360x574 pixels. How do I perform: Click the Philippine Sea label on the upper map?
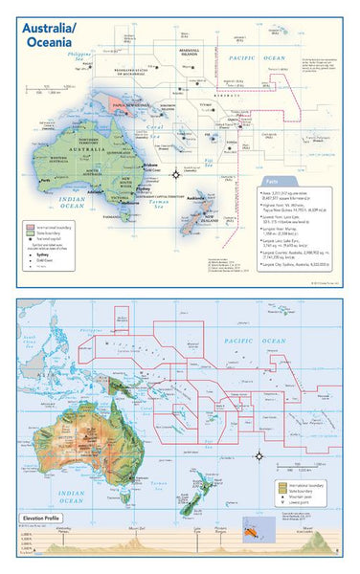coord(68,57)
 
